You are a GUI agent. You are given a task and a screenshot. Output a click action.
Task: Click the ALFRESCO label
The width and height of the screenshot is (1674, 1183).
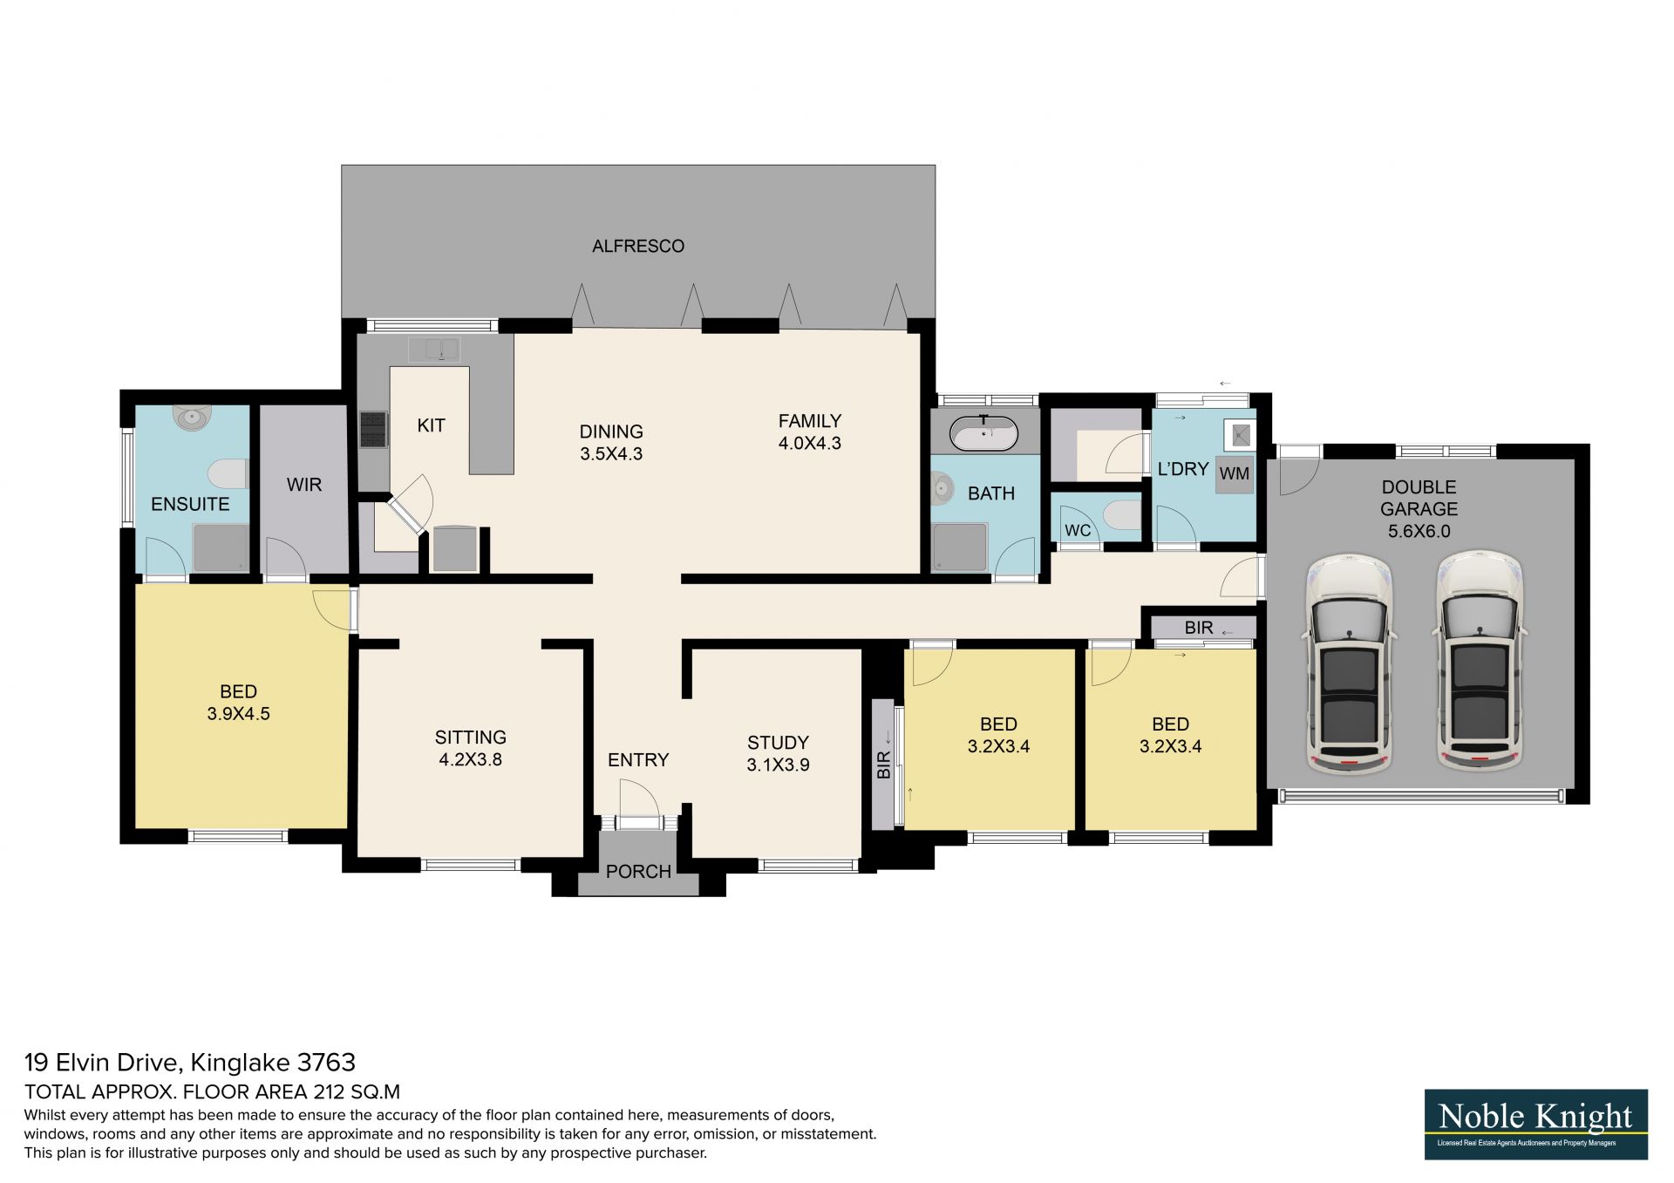(x=638, y=247)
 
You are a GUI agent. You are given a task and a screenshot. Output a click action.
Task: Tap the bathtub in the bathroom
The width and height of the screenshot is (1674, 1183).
(x=984, y=433)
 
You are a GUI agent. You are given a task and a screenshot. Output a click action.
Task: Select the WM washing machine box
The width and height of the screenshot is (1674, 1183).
(x=1235, y=474)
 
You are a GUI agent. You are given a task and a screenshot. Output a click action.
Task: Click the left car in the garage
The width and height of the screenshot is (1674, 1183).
(x=1349, y=663)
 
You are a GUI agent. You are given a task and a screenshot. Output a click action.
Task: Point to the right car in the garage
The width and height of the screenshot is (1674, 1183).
(x=1480, y=661)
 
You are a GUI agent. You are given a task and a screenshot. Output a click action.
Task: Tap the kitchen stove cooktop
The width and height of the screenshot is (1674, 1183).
(x=373, y=429)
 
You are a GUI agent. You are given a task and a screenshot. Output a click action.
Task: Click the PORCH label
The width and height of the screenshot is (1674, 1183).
(x=638, y=872)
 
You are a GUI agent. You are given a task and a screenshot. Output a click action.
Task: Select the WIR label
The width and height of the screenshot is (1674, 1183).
(x=304, y=485)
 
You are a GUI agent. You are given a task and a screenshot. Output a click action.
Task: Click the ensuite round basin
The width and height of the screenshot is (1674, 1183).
(x=192, y=418)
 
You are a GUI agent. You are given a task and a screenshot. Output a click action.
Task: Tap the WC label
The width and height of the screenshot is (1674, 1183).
(x=1078, y=531)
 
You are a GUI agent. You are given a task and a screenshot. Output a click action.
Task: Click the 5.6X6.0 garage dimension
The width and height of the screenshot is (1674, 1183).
(x=1419, y=531)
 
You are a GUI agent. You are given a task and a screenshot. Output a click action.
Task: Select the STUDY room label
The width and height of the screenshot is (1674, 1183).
(x=778, y=743)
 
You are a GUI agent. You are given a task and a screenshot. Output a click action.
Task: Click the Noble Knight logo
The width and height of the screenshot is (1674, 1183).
(x=1536, y=1124)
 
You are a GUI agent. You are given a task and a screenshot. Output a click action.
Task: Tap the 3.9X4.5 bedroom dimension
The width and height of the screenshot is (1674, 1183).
(x=238, y=714)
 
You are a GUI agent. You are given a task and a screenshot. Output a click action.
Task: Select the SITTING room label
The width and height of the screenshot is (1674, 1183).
(x=471, y=738)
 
